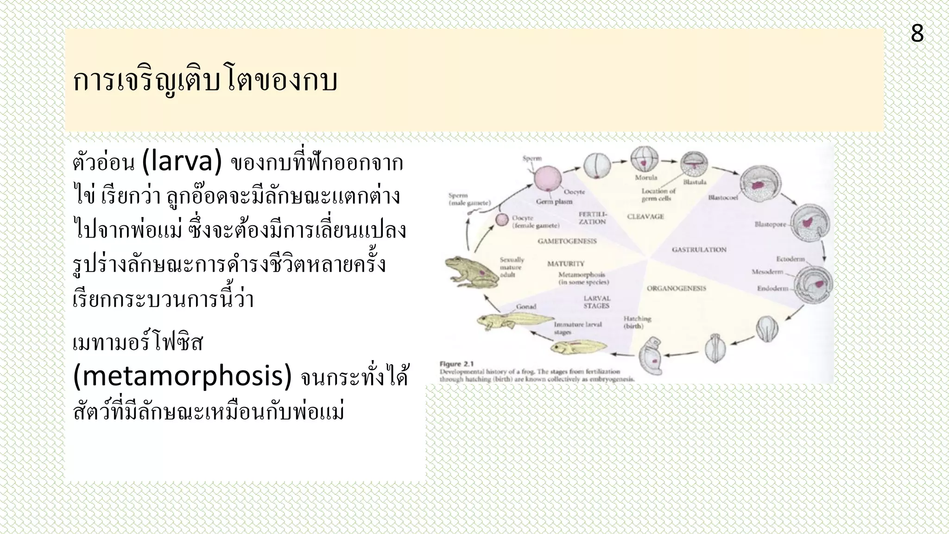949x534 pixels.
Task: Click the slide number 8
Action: pyautogui.click(x=917, y=34)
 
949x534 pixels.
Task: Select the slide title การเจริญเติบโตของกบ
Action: pyautogui.click(x=205, y=81)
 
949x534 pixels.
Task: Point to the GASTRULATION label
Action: pyautogui.click(x=699, y=250)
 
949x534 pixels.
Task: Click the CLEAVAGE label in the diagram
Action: pyautogui.click(x=645, y=216)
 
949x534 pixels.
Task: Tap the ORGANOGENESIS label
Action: pyautogui.click(x=676, y=288)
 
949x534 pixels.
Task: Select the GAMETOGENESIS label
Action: pyautogui.click(x=567, y=241)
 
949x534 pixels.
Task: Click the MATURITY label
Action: pyautogui.click(x=566, y=264)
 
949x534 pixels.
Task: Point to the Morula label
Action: pyautogui.click(x=646, y=178)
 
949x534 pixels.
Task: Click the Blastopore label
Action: pyautogui.click(x=770, y=224)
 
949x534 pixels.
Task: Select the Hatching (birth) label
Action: pyautogui.click(x=637, y=322)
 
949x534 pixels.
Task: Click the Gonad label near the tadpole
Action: pyautogui.click(x=526, y=306)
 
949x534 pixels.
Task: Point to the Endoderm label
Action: pyautogui.click(x=772, y=288)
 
